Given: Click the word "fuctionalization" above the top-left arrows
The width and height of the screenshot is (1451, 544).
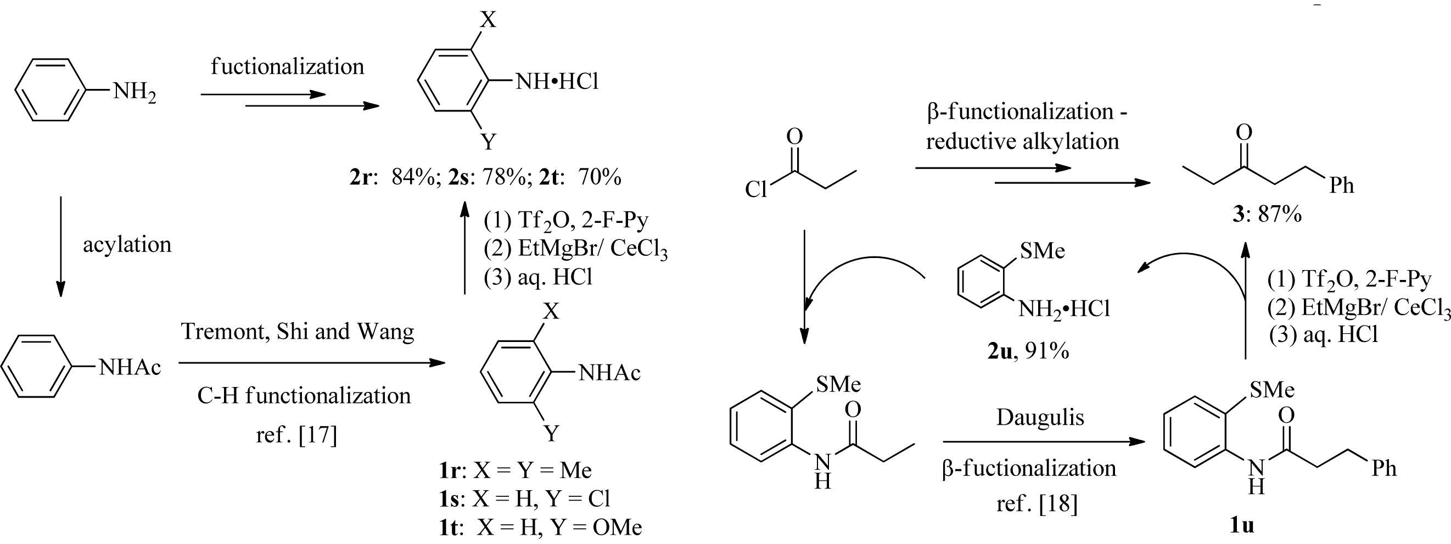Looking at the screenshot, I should point(287,67).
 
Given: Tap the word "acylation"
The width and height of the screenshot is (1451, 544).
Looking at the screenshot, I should point(127,245).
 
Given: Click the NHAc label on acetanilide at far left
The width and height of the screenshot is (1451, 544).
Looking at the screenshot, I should point(130,368).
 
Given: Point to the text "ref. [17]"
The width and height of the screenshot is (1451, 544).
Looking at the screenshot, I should point(296,434).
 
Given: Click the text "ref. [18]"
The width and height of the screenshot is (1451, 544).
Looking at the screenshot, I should point(1037,503).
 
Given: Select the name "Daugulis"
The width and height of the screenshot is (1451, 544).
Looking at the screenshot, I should point(1040,417).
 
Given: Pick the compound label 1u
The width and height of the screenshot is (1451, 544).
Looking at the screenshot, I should point(1241,525).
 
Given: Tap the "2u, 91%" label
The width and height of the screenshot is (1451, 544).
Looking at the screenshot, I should point(1028,351).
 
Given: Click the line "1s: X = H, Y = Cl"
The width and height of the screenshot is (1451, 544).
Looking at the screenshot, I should point(524,498).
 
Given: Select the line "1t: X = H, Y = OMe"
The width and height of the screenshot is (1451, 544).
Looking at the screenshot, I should point(540,527).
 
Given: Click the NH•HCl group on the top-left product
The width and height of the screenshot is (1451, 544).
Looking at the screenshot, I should point(557,82).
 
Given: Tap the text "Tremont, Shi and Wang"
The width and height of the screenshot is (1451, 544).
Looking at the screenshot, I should point(298,332).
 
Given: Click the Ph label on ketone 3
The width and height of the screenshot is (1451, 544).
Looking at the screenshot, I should point(1341,186).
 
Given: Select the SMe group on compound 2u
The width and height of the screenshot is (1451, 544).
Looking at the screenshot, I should point(1042,251).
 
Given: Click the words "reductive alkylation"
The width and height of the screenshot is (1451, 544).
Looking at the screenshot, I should point(1022,141).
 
